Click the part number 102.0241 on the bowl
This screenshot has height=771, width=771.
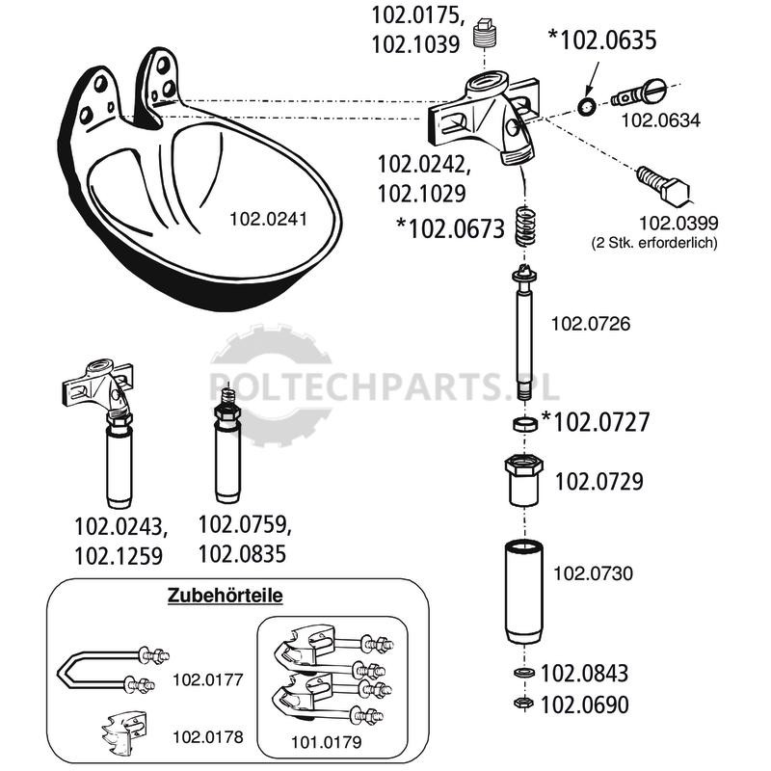269,219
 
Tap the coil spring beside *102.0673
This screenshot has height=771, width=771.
525,226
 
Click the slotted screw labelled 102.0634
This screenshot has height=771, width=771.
638,93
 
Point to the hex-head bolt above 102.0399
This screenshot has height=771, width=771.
664,185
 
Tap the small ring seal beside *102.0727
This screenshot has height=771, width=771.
524,424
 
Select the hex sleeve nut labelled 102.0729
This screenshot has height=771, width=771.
523,480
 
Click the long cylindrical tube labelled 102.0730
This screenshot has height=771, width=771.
524,592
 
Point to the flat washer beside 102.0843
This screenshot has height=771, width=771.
523,672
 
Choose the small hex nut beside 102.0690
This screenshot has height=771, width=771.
523,703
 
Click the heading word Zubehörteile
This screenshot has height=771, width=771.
226,596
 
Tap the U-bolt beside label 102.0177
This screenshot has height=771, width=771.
113,670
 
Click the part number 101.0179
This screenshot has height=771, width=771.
326,742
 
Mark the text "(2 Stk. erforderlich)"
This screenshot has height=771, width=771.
654,243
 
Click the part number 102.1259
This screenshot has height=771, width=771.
119,557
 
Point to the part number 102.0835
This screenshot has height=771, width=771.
242,554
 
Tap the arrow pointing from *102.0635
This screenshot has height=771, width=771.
592,79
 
